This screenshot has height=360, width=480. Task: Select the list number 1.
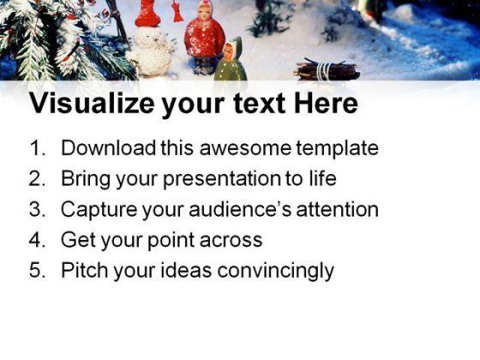click(x=37, y=148)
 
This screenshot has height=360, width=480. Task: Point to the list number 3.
click(x=37, y=210)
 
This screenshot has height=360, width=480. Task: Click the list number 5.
click(x=37, y=272)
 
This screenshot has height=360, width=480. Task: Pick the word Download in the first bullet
click(x=108, y=148)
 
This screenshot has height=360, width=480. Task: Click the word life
click(x=320, y=179)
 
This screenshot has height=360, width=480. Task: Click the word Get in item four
click(x=77, y=241)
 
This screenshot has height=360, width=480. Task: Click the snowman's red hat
click(x=148, y=13)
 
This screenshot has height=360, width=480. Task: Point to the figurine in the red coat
click(x=203, y=38)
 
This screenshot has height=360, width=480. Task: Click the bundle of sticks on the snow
click(x=327, y=71)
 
